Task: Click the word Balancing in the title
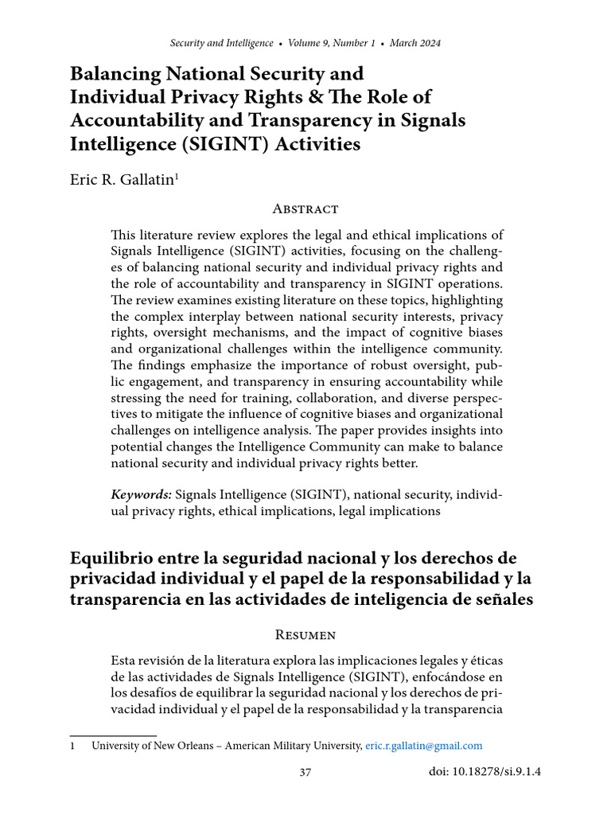(113, 74)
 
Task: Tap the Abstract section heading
(305, 209)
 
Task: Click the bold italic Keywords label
(141, 495)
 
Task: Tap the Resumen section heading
(305, 634)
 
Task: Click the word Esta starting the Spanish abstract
(125, 662)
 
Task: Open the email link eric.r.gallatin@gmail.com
(423, 746)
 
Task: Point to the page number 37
(305, 772)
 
